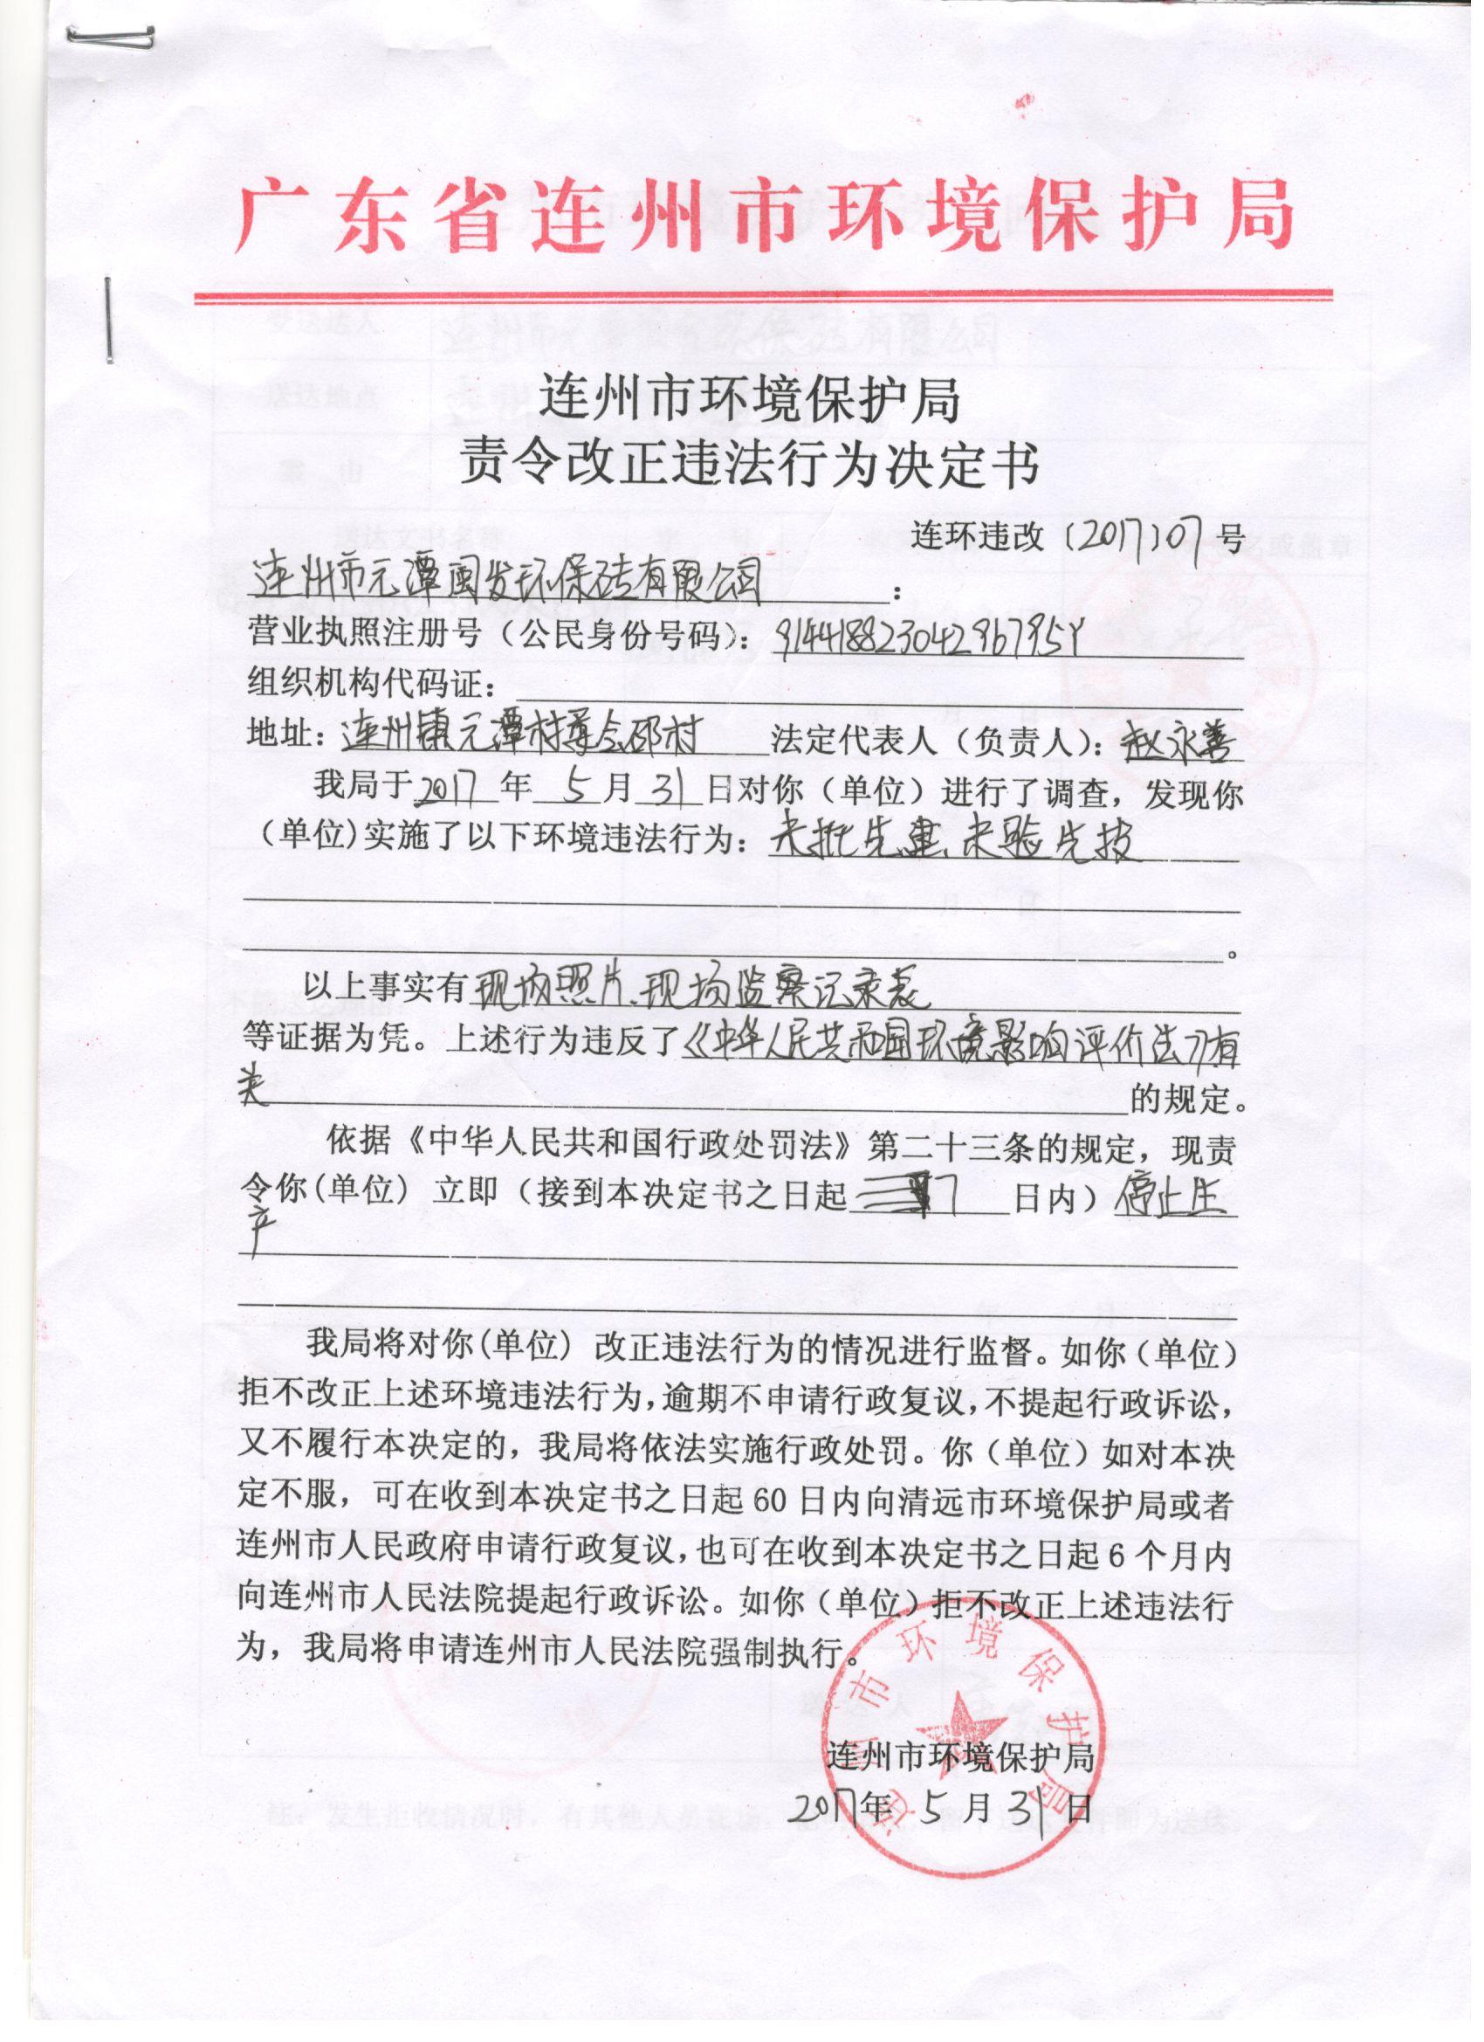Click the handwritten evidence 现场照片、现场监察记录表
pos(693,990)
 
